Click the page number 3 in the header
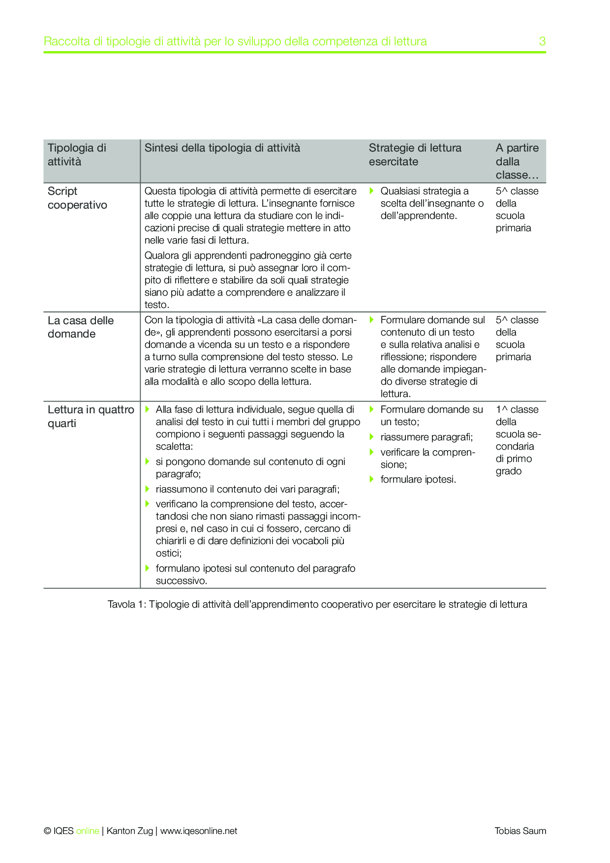542,41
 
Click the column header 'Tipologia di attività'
77,154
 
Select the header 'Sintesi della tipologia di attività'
222,148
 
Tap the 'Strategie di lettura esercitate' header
415,154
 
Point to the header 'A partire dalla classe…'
517,161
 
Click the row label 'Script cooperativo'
77,198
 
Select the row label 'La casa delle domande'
81,327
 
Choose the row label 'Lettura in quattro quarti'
91,416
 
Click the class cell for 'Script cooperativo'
517,209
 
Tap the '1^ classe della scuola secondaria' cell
518,440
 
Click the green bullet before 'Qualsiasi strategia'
372,190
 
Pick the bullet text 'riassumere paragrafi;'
426,437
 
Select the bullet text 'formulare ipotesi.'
418,479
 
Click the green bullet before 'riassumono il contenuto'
147,489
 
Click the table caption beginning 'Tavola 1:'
317,604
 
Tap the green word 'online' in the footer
88,831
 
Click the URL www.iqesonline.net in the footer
199,831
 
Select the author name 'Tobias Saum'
520,831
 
